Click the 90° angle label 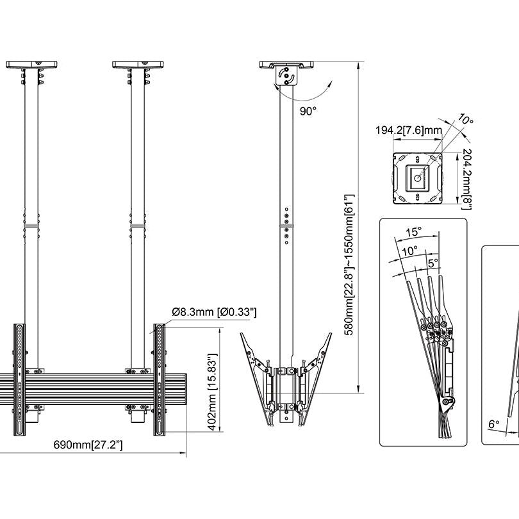click(308, 111)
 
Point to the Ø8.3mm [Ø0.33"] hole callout click(214, 312)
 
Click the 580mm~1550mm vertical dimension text click(349, 263)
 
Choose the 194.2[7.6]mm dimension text click(408, 131)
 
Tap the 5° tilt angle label click(433, 263)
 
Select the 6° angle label click(493, 424)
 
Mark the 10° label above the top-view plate click(466, 120)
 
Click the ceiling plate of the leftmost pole click(35, 65)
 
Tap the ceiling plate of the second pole click(140, 65)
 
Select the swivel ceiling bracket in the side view click(288, 74)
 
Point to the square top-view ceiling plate click(417, 177)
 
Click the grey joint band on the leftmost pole click(31, 226)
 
